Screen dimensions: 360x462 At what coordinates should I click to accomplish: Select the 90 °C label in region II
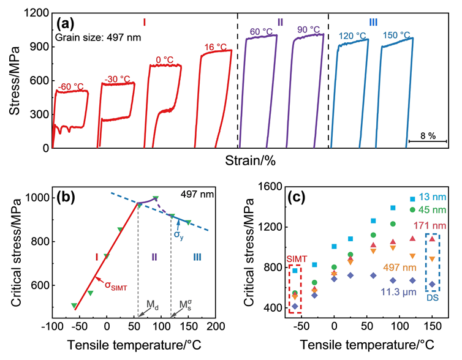[308, 30]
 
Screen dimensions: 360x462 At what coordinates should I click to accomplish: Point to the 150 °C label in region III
[397, 34]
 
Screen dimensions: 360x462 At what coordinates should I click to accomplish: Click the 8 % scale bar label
[427, 136]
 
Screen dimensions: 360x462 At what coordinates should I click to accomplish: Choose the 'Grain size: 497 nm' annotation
[93, 36]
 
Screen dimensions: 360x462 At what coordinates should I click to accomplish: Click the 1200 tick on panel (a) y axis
[38, 12]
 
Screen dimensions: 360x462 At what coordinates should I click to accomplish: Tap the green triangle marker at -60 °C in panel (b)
[74, 305]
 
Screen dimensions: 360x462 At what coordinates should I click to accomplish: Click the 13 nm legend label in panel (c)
[433, 198]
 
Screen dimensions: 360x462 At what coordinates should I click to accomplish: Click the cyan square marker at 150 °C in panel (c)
[412, 198]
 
